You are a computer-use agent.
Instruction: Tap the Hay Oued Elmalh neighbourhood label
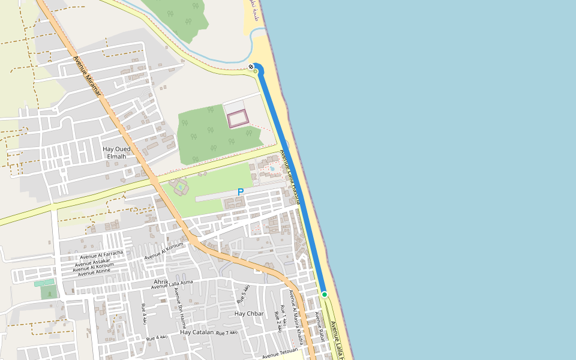(116, 152)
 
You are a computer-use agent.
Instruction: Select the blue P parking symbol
(241, 192)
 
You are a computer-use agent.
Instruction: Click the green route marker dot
(325, 295)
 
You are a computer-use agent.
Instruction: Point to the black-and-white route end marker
(251, 67)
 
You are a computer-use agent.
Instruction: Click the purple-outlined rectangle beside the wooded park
(238, 118)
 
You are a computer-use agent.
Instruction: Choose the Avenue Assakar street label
(93, 262)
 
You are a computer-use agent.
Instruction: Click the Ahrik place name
(161, 281)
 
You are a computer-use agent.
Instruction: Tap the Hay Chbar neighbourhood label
(249, 314)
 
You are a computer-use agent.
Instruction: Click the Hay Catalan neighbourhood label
(197, 332)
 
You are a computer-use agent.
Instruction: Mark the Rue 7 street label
(227, 332)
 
